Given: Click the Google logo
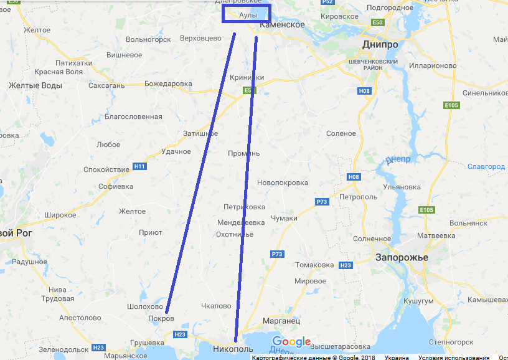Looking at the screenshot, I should pos(291,342).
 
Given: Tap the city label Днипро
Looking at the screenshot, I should pos(380,45).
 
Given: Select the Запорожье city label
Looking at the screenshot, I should pos(402,257).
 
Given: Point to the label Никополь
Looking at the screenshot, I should pos(233,349).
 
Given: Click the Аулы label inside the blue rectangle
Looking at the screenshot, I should pos(248,14).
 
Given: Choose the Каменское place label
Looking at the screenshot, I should pos(282,25).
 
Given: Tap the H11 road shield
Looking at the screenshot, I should pos(139,166).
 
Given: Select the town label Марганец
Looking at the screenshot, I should pos(281,321).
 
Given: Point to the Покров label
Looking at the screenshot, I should pos(161,318).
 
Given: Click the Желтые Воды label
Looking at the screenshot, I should pos(35,85).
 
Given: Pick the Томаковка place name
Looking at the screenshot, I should pos(314,265).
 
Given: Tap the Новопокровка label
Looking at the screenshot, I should pos(283,182).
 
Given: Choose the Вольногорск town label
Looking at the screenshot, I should pos(148,39).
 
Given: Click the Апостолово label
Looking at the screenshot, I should pos(80,318).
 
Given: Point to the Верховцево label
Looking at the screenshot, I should pos(200,39).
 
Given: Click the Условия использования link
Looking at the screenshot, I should pos(453,358).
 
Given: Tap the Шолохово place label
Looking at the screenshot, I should pos(144,306).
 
